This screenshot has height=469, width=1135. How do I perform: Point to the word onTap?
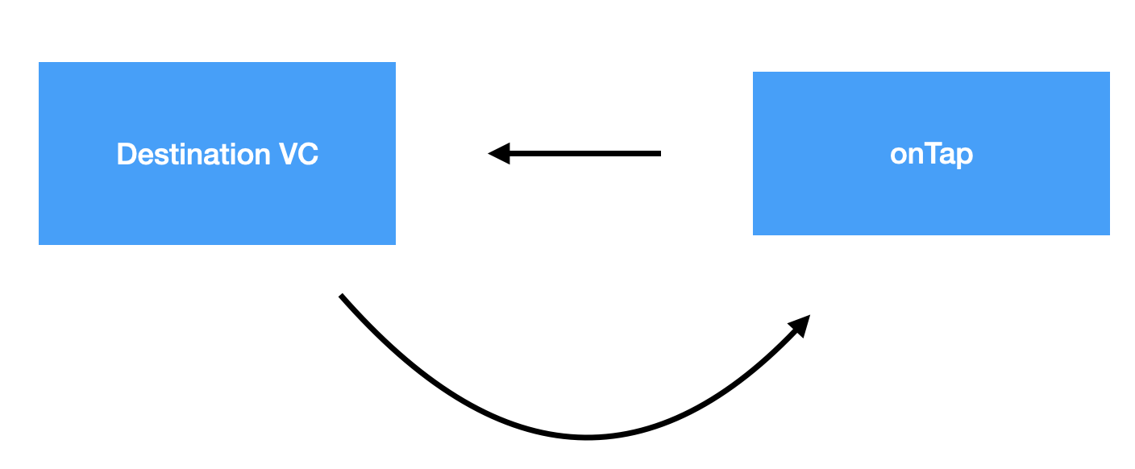(x=931, y=154)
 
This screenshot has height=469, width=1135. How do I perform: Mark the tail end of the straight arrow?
(x=659, y=153)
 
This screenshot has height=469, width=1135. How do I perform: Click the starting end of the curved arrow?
(x=342, y=297)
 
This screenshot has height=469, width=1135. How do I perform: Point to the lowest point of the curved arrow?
(x=586, y=438)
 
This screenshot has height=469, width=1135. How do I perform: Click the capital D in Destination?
(x=126, y=154)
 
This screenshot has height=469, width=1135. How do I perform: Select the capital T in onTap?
(x=933, y=153)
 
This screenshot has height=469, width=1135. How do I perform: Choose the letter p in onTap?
(x=964, y=156)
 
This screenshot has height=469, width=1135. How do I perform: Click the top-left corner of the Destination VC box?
(x=39, y=63)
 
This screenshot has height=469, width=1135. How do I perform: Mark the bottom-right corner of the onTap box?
(x=1108, y=234)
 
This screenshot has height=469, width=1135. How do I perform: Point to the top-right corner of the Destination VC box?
(x=394, y=63)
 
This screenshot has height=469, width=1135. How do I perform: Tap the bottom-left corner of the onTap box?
(x=754, y=234)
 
